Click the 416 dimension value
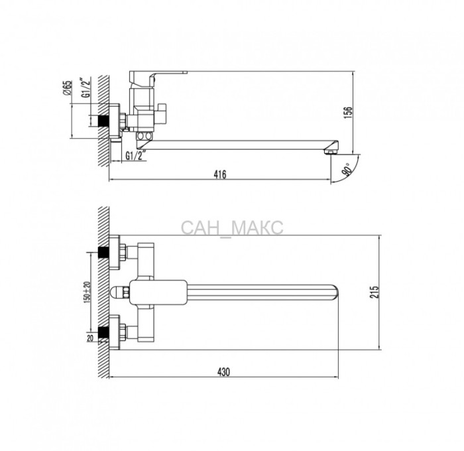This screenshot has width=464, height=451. tap(220, 174)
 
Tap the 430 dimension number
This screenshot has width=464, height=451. tap(224, 371)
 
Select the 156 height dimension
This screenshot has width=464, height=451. tap(348, 113)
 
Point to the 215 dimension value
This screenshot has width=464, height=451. tap(374, 292)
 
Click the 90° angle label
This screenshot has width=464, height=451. tap(347, 168)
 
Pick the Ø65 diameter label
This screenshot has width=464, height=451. tap(68, 88)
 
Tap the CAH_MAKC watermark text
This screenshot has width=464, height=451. tap(232, 228)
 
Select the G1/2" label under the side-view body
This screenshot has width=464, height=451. tap(137, 156)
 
